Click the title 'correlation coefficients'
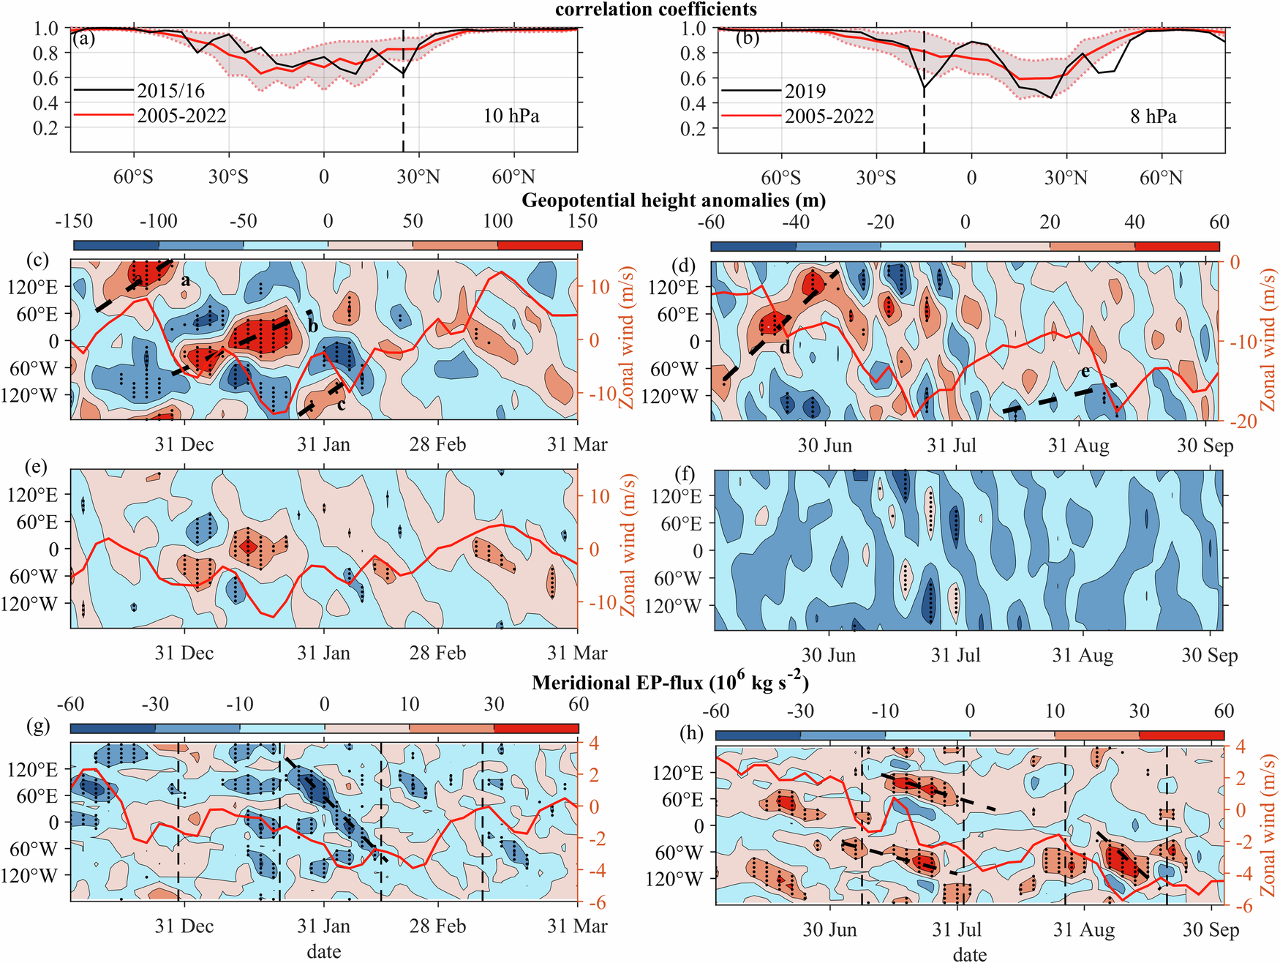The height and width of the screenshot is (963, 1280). tap(655, 10)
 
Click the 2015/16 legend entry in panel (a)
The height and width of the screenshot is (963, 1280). tap(170, 91)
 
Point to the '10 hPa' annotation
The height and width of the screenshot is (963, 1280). tap(511, 116)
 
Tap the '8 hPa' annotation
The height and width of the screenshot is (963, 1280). tap(1153, 116)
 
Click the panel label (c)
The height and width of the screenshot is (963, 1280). tap(37, 260)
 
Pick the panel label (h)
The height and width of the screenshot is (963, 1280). tap(691, 733)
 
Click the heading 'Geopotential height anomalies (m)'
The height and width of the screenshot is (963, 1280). tap(674, 201)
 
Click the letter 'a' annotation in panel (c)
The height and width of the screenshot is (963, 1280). tap(186, 280)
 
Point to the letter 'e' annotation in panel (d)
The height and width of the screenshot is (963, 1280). tap(1085, 372)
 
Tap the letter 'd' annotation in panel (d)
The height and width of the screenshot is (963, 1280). tap(784, 348)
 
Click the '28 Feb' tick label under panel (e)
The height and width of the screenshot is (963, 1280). tap(437, 653)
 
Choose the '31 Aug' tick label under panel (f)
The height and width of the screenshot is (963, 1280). tap(1083, 655)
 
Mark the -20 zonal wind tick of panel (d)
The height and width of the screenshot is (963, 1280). tap(1243, 421)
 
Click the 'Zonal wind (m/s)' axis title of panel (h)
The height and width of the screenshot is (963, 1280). tap(1267, 825)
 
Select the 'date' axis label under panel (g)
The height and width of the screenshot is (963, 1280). tap(323, 951)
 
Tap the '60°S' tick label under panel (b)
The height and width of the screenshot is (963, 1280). tap(780, 178)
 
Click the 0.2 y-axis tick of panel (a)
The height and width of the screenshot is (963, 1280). tap(46, 128)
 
